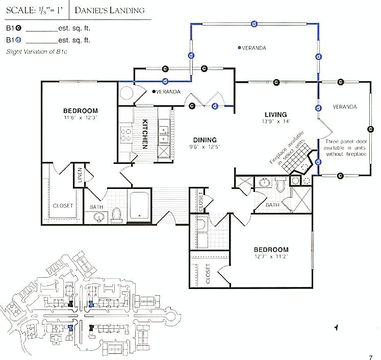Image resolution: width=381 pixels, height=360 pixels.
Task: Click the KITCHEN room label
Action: point(145,134)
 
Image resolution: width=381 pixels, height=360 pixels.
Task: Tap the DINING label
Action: point(205,140)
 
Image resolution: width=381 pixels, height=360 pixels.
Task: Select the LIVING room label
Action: point(276,114)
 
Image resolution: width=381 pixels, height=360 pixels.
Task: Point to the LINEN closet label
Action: point(80,175)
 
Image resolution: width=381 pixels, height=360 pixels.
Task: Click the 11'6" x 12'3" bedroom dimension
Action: point(81,118)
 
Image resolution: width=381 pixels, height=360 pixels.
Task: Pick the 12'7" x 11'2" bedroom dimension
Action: point(271,256)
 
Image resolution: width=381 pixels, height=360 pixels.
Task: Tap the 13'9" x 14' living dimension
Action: point(276,122)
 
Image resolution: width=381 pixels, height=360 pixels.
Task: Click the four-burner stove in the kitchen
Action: point(126,135)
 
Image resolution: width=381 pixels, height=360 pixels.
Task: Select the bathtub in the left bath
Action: point(139,205)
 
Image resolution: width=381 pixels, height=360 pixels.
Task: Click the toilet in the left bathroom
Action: point(117,215)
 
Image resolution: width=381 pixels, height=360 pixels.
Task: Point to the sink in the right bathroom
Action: point(264,182)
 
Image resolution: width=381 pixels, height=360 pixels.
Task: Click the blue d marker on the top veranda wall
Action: point(254,24)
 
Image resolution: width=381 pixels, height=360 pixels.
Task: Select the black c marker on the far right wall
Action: point(371,129)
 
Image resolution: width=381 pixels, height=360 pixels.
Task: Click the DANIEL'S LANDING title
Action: point(110,10)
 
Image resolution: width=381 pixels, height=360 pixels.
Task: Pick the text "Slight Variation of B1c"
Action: point(37,52)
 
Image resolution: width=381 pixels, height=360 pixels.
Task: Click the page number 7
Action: point(371,357)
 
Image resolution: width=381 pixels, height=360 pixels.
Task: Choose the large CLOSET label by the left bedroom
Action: point(63,206)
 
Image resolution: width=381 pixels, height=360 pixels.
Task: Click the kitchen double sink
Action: point(164,134)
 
